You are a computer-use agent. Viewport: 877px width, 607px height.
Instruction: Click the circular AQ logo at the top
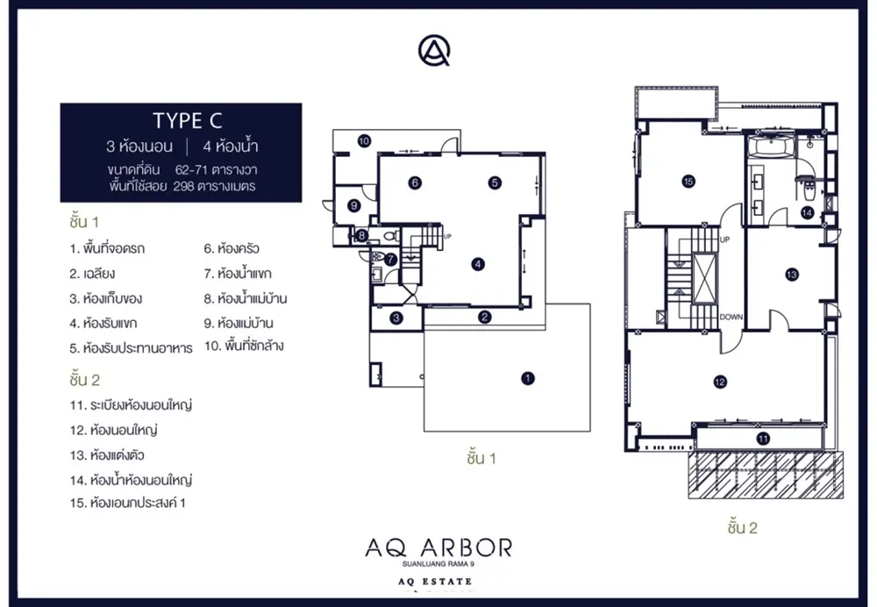pyautogui.click(x=434, y=50)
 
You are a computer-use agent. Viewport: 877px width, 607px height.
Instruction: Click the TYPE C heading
pyautogui.click(x=188, y=121)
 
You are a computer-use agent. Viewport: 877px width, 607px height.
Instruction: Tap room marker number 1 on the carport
pyautogui.click(x=527, y=378)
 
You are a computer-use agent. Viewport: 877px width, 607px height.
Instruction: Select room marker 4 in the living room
pyautogui.click(x=478, y=263)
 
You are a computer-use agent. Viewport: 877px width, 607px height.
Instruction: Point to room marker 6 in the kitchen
pyautogui.click(x=415, y=182)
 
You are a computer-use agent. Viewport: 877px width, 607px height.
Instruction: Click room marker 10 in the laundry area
pyautogui.click(x=364, y=141)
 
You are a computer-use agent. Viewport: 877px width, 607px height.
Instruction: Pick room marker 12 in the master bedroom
pyautogui.click(x=720, y=382)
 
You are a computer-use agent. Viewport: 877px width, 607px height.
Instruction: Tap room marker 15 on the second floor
pyautogui.click(x=688, y=182)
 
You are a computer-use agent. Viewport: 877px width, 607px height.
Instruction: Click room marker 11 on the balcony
pyautogui.click(x=763, y=439)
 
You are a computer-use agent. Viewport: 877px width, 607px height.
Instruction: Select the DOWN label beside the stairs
pyautogui.click(x=731, y=317)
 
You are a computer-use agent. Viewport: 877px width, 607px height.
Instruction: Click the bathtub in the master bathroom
pyautogui.click(x=771, y=146)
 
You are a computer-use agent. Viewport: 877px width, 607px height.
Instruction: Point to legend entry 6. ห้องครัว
pyautogui.click(x=232, y=248)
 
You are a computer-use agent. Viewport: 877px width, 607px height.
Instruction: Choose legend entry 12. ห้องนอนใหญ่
pyautogui.click(x=113, y=430)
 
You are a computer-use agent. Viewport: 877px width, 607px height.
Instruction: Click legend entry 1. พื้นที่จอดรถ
pyautogui.click(x=107, y=248)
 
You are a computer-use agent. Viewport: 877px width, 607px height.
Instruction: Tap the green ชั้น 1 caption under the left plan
pyautogui.click(x=481, y=458)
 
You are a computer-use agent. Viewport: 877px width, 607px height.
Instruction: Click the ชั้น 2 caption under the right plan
pyautogui.click(x=743, y=527)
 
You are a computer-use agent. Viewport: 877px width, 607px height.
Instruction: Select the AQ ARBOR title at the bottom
pyautogui.click(x=438, y=547)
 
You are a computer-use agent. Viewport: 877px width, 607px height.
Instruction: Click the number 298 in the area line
pyautogui.click(x=183, y=186)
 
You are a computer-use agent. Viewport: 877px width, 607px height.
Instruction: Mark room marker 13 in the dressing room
pyautogui.click(x=791, y=275)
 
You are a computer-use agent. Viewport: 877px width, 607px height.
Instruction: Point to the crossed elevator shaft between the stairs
pyautogui.click(x=704, y=278)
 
